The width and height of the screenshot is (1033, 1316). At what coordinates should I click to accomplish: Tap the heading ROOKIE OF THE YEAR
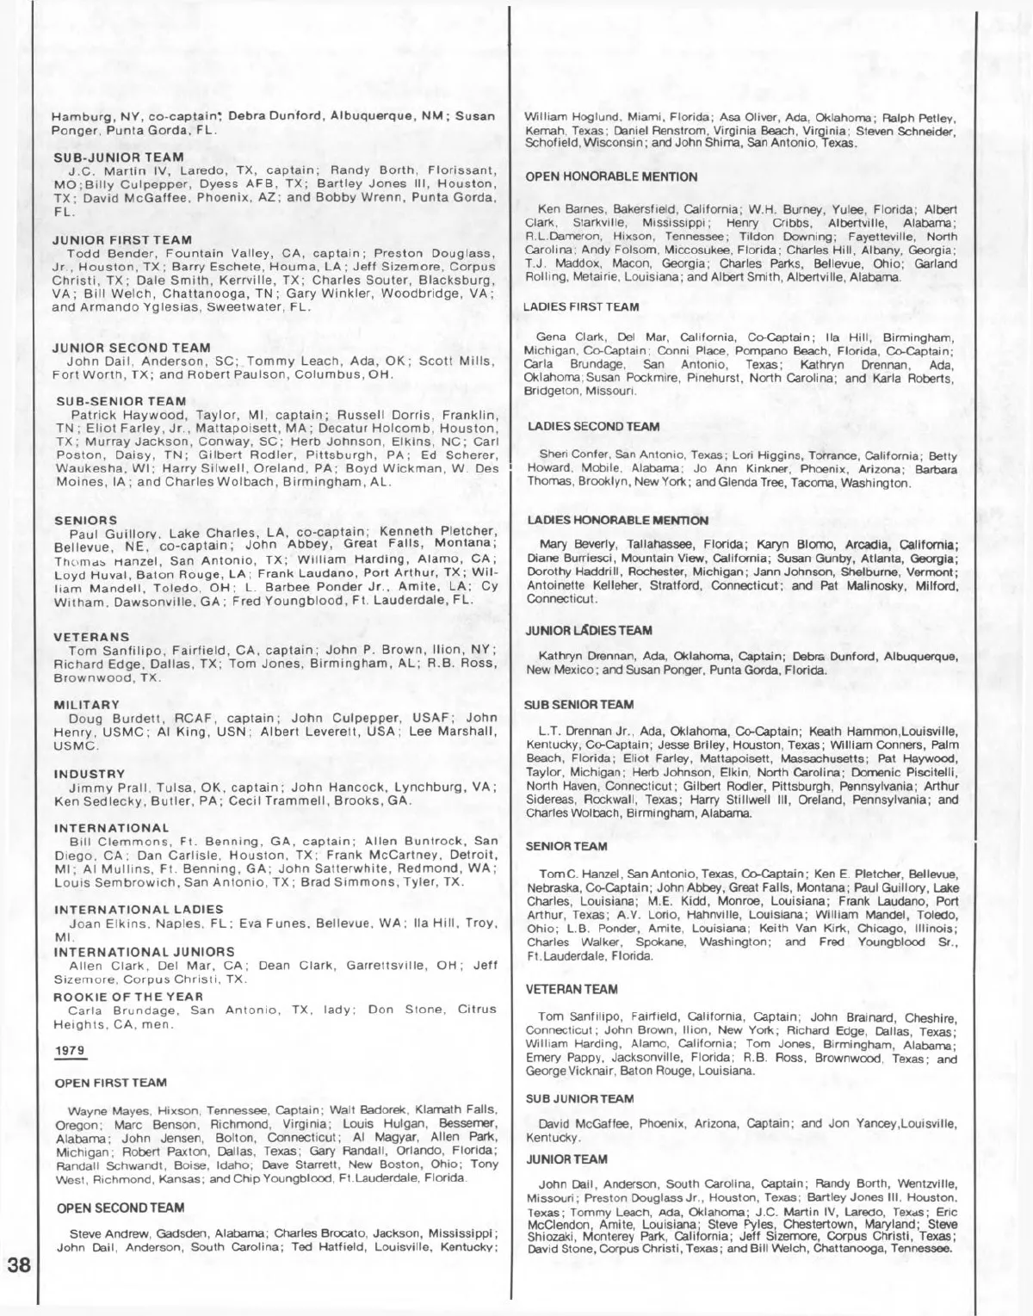click(128, 996)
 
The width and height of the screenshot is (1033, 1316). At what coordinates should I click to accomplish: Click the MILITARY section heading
click(86, 704)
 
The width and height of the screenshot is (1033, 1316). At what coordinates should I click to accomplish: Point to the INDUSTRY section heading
click(89, 774)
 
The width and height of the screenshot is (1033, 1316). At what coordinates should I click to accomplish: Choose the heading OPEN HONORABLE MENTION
click(611, 176)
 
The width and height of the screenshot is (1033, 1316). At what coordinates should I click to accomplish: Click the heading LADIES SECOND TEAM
click(593, 426)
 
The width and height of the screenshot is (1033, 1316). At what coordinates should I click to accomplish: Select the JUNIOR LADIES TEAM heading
click(590, 631)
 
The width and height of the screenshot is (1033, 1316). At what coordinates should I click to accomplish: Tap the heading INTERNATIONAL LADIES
click(138, 909)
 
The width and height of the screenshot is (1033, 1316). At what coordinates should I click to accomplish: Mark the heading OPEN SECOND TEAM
click(121, 1208)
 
